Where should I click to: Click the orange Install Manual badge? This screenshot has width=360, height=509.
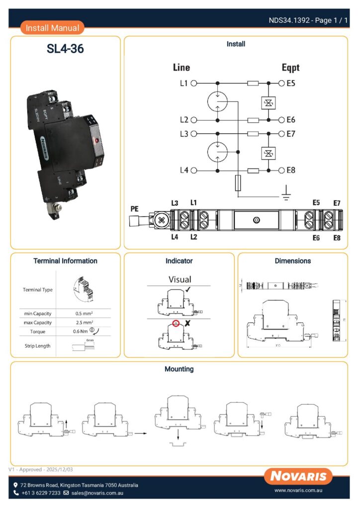point(52,28)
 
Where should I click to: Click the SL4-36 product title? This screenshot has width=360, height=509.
point(65,49)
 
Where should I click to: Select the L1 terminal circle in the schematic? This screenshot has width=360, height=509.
point(194,84)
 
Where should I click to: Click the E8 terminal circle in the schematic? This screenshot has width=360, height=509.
point(282,170)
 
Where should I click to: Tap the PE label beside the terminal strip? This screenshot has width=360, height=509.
point(134,209)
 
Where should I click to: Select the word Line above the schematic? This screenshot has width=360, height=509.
point(181,68)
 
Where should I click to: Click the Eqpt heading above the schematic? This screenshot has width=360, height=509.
point(290,68)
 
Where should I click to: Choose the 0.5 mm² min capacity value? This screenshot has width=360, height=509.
point(85,314)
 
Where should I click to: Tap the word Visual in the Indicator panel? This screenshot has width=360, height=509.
point(180,279)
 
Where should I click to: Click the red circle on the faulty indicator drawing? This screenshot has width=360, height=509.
point(176,323)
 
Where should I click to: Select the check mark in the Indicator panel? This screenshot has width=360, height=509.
point(187,289)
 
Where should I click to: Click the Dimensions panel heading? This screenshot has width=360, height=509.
point(292,261)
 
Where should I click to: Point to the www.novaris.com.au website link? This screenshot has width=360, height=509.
point(299,491)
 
